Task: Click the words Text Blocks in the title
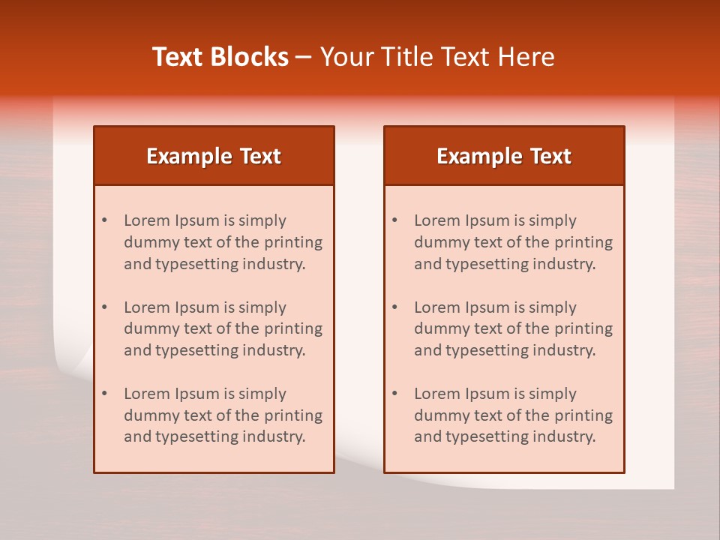(x=220, y=57)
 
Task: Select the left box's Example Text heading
(x=214, y=156)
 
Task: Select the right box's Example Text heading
(x=504, y=156)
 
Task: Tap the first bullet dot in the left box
(x=104, y=220)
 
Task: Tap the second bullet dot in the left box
(x=104, y=307)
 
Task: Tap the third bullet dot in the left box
(x=104, y=394)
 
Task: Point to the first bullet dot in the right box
(x=394, y=220)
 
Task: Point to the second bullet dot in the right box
(x=394, y=307)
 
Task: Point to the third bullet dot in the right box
(x=394, y=394)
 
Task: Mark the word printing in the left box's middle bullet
(x=295, y=328)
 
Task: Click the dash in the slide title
(x=304, y=57)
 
